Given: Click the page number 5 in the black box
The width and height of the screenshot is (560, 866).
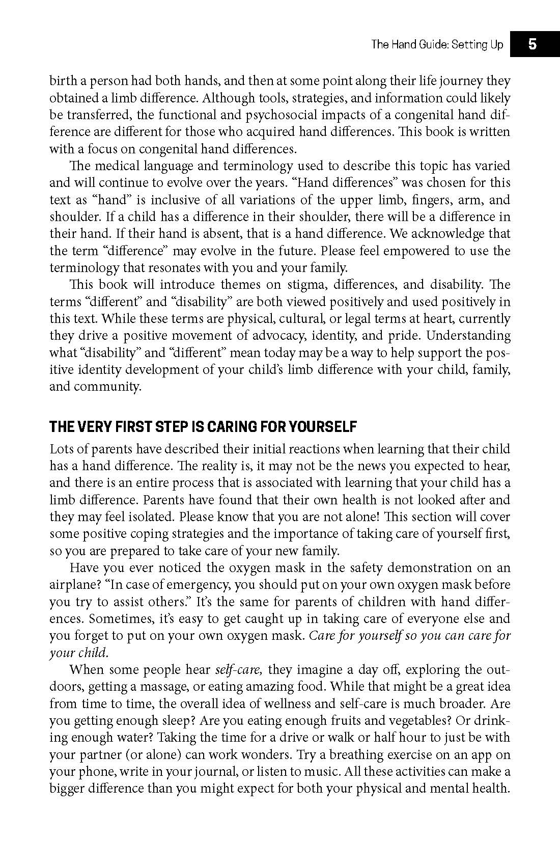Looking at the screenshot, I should tap(532, 44).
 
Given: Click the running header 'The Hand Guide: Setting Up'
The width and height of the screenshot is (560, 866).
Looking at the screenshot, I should tap(437, 44).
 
